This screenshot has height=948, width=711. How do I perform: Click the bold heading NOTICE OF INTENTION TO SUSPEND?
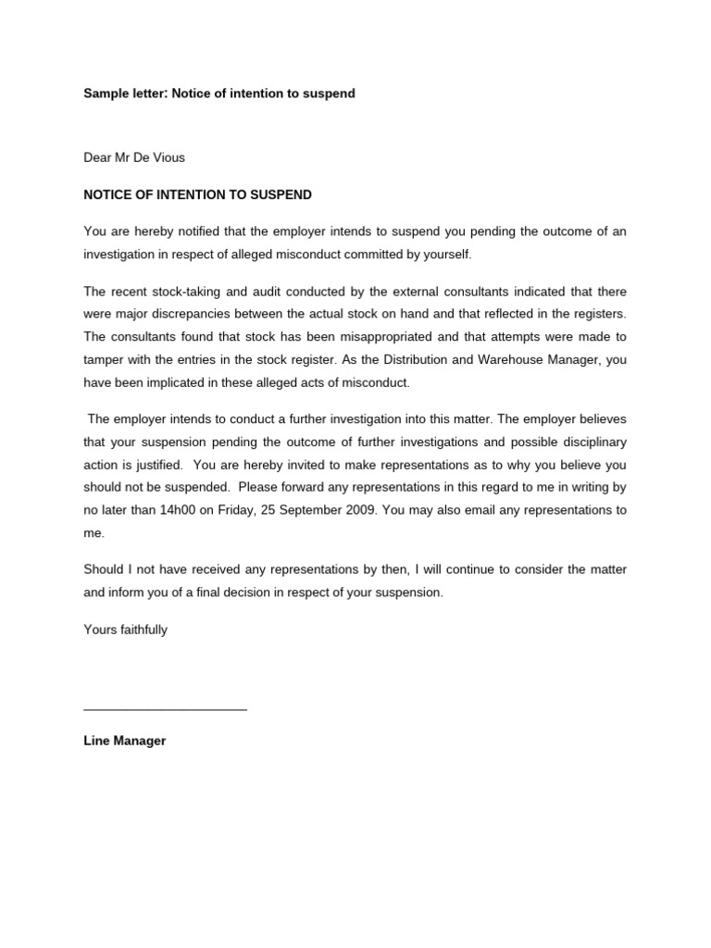pos(198,195)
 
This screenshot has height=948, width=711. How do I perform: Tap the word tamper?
pos(104,359)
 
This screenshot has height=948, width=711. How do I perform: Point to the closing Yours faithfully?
pos(126,630)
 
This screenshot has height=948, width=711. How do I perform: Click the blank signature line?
pos(165,708)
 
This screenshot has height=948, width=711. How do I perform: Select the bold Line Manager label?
pos(125,742)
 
